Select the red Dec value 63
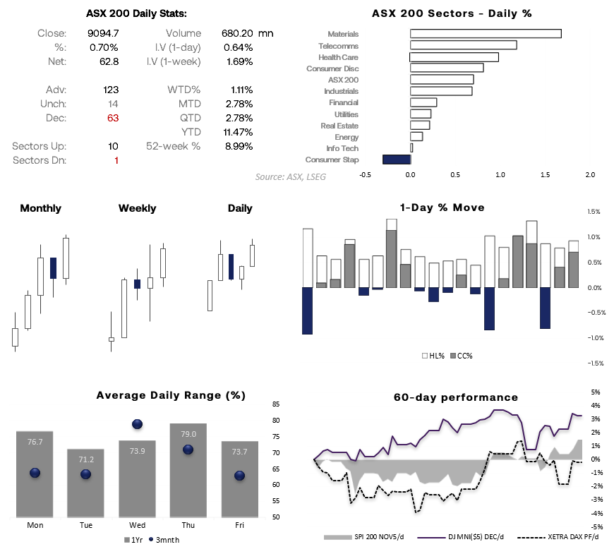112,118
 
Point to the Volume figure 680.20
236,33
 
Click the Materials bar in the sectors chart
486,34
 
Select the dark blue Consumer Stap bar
396,159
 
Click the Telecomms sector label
338,45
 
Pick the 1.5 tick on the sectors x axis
545,174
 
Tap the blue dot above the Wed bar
138,424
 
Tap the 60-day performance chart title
455,397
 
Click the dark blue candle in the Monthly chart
53,267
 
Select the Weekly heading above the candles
137,208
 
